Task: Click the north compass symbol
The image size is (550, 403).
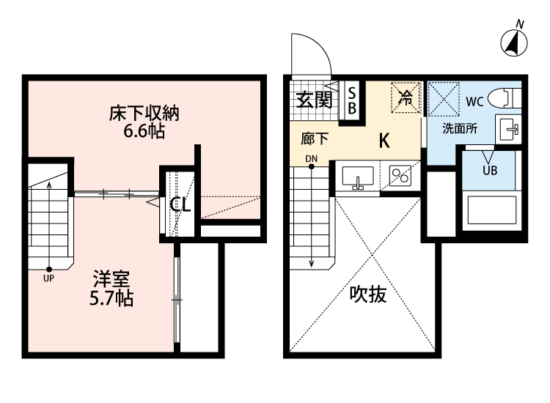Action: point(516,43)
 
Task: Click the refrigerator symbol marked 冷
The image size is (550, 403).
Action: point(405,98)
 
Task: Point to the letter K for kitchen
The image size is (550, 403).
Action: point(384,141)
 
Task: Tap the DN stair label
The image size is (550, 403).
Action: point(311,158)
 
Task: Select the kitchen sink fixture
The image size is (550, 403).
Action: point(358,177)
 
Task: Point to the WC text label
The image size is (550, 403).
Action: point(474,101)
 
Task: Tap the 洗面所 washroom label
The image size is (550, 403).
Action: point(460,128)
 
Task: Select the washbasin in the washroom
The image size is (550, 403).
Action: point(507,130)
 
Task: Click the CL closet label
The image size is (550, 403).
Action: point(180,205)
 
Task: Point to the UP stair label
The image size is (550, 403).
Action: point(49,278)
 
